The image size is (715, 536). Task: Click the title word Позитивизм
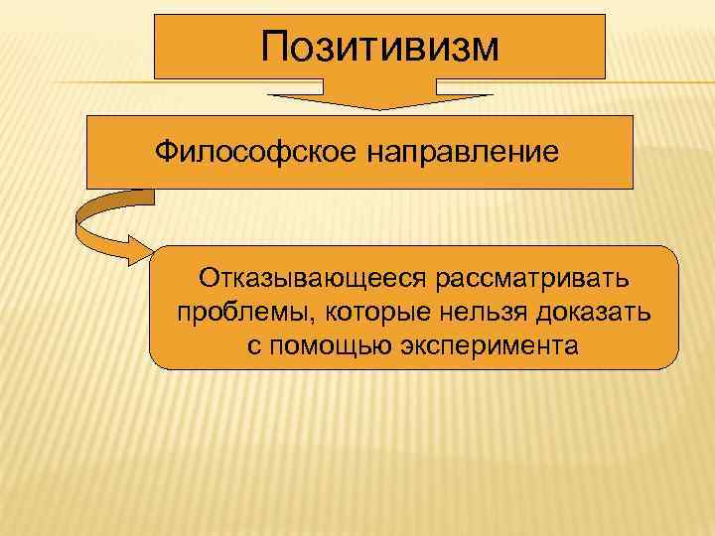point(380,46)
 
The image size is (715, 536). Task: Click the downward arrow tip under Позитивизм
point(380,107)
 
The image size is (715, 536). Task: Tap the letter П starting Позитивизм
point(275,46)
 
